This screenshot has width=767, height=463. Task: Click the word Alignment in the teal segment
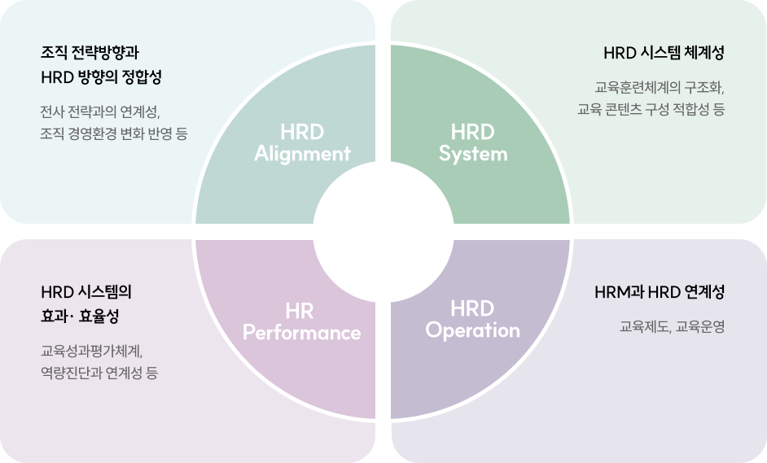(x=302, y=154)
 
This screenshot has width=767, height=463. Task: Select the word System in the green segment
(x=473, y=155)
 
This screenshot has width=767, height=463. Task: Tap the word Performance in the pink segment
(x=302, y=333)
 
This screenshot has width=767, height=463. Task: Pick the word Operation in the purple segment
(x=472, y=330)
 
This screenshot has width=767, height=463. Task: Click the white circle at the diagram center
(x=383, y=232)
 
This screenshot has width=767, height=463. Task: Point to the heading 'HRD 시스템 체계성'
(x=664, y=53)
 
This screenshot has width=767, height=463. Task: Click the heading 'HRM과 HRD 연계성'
(x=660, y=292)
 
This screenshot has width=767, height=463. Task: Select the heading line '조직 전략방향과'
(x=90, y=53)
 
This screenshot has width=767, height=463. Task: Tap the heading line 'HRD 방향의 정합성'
(x=101, y=77)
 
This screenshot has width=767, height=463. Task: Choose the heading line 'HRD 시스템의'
(x=86, y=292)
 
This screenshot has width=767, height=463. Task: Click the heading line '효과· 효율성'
(x=80, y=317)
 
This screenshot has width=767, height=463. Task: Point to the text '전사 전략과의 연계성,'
(x=100, y=112)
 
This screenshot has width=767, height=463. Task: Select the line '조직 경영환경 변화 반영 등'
(x=114, y=133)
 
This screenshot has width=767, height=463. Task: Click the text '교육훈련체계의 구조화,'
(x=660, y=88)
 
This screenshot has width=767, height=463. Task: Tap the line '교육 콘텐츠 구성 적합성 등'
(x=651, y=109)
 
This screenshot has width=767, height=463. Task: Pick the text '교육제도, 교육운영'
(x=672, y=326)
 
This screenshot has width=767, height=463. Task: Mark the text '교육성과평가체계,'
(x=91, y=351)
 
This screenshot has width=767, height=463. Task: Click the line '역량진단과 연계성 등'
(x=99, y=373)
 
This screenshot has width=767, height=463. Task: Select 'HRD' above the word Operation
(x=472, y=309)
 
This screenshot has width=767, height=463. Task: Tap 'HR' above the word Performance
(x=300, y=312)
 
